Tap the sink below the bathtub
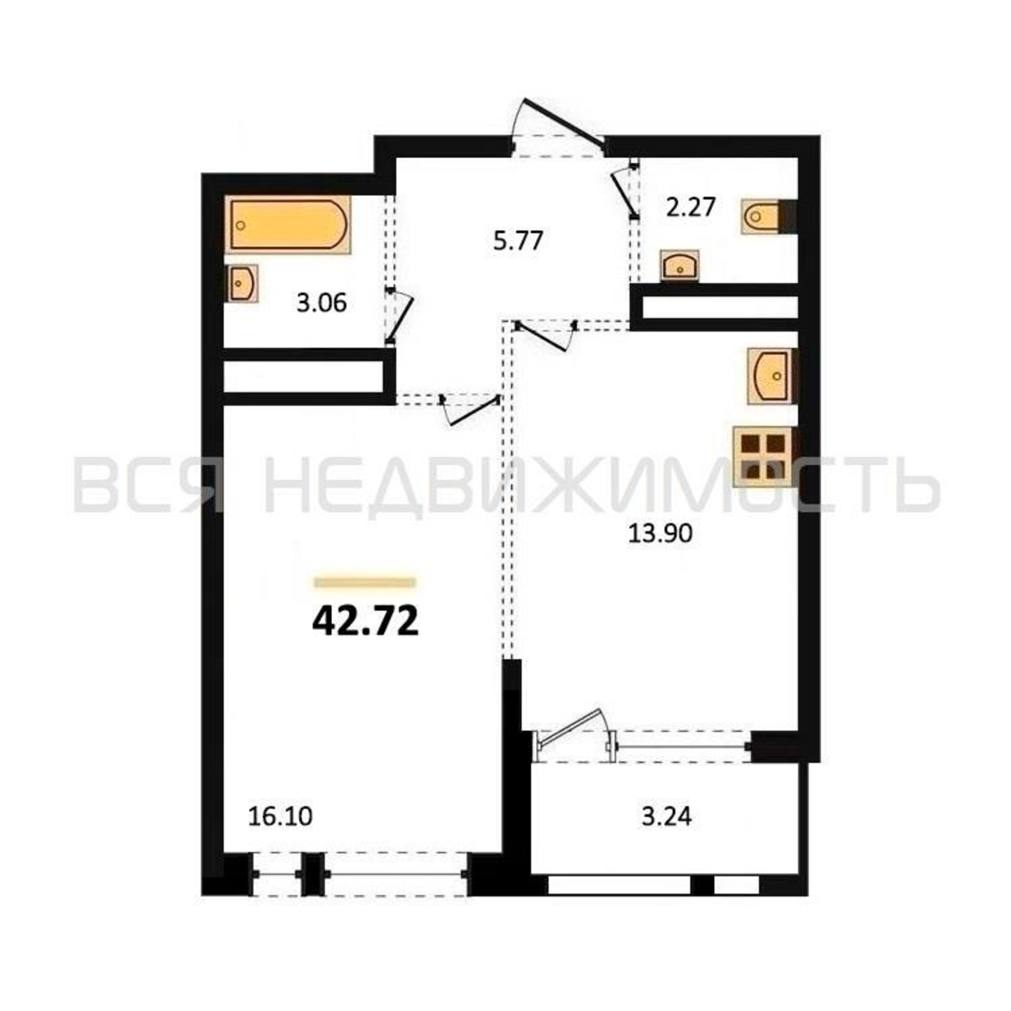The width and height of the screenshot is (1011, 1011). click(242, 283)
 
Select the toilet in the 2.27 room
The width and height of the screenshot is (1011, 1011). click(762, 216)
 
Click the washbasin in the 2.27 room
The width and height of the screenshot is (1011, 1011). click(680, 266)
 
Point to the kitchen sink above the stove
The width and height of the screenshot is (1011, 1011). click(770, 376)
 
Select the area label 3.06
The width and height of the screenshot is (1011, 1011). click(321, 303)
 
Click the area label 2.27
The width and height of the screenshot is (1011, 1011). click(690, 208)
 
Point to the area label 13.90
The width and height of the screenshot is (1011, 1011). click(660, 534)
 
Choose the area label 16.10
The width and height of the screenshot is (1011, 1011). click(280, 816)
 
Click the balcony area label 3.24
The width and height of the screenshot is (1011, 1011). click(667, 816)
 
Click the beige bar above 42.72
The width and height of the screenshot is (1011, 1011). click(365, 582)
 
